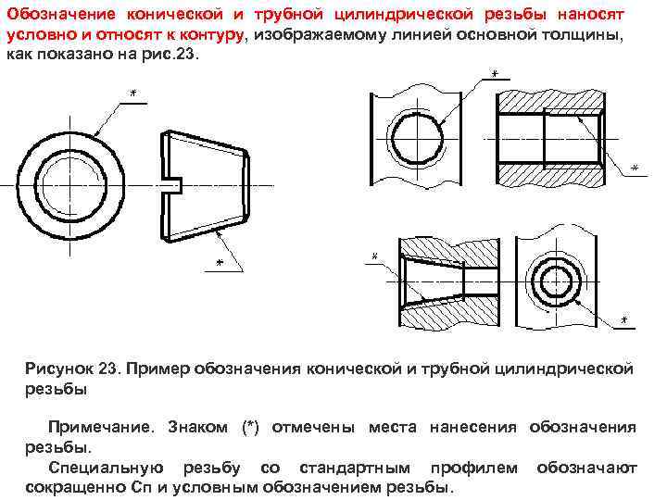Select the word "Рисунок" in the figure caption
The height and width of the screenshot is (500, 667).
point(62,369)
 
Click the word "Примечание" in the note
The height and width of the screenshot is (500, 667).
point(102,427)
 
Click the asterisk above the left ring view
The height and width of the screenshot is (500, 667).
point(133,94)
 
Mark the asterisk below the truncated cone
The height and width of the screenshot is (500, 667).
point(219,263)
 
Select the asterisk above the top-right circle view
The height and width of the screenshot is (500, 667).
point(494,73)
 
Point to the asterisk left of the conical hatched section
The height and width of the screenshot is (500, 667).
point(374,255)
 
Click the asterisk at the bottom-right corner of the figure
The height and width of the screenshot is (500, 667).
point(623,320)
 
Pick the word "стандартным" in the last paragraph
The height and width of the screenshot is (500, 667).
point(371,468)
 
